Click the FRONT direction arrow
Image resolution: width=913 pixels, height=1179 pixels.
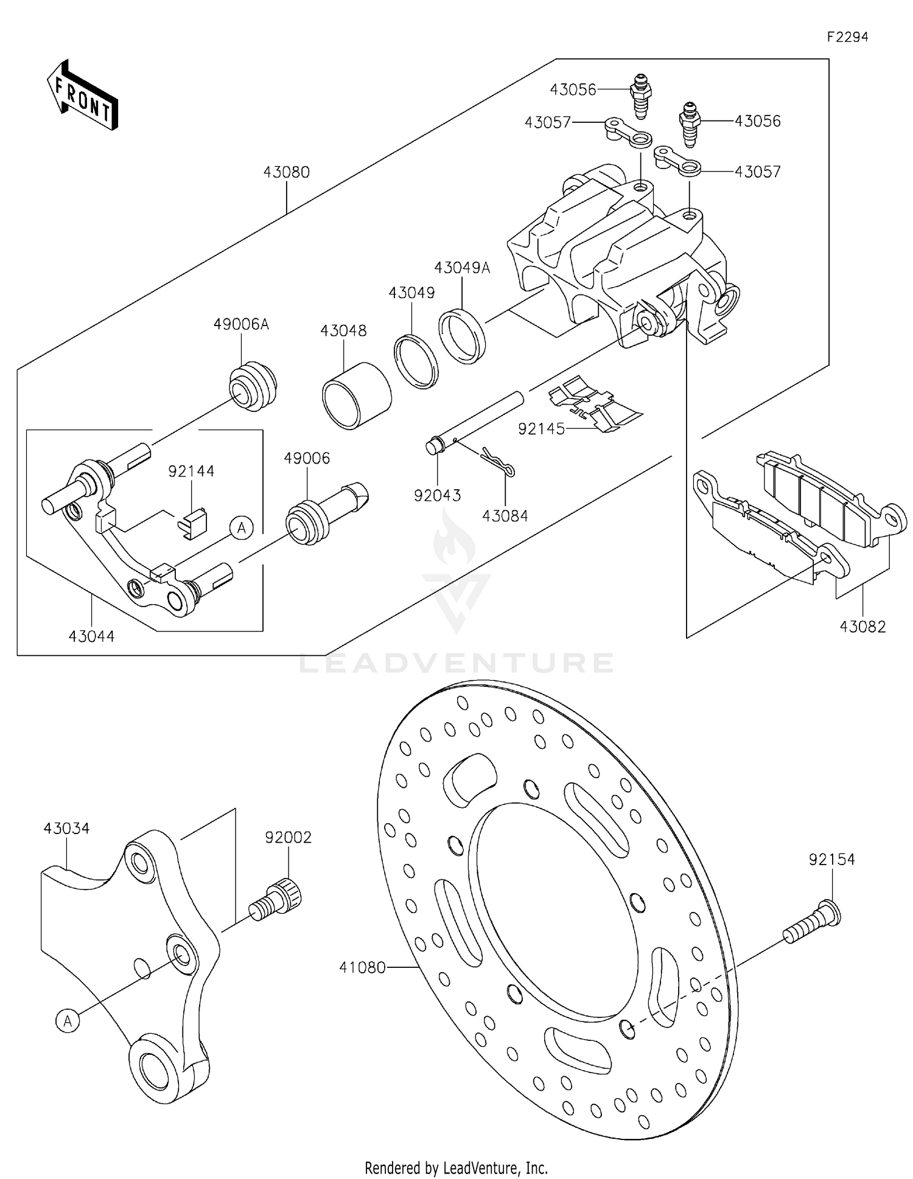pos(82,96)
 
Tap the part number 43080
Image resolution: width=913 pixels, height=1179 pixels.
pos(286,172)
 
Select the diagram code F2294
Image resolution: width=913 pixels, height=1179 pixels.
pos(847,37)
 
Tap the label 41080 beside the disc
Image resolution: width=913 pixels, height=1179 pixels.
pos(362,967)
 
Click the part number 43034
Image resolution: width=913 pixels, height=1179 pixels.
pos(66,829)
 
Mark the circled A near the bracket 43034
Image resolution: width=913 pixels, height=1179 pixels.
pos(68,1021)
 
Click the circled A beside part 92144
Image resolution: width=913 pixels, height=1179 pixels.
pos(242,528)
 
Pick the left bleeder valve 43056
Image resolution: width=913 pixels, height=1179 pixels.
pos(640,97)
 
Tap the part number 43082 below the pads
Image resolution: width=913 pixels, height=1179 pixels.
pos(862,626)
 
